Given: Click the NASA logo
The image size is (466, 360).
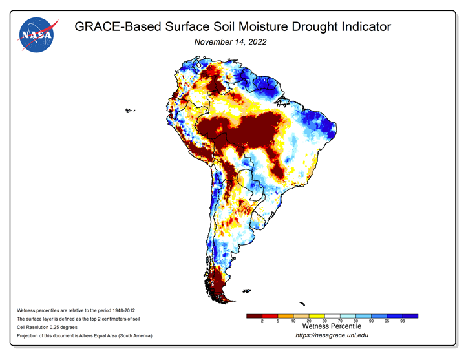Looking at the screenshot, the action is click(x=37, y=35).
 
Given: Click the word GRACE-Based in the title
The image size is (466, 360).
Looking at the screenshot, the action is click(x=118, y=26).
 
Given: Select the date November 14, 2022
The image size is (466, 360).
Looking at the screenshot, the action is click(x=230, y=42).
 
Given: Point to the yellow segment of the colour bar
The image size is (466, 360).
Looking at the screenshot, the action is click(x=317, y=316).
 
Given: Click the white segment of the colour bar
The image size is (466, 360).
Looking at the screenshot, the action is click(x=332, y=316).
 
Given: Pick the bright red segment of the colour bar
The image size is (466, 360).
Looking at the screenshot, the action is click(x=270, y=316).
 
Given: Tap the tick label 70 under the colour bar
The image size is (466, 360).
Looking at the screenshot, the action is click(x=340, y=321).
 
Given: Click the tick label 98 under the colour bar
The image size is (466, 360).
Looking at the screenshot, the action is click(x=403, y=321).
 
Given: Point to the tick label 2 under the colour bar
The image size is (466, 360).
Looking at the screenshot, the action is click(x=262, y=321).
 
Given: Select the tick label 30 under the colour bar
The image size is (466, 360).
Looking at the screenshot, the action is click(x=324, y=321).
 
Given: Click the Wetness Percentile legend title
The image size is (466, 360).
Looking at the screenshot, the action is click(x=332, y=326).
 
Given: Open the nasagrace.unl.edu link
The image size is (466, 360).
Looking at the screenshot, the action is click(x=332, y=335).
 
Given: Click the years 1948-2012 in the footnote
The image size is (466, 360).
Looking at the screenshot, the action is click(x=123, y=310).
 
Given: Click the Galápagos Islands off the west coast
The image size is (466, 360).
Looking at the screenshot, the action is click(x=129, y=111).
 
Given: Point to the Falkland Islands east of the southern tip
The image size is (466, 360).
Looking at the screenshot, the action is click(x=247, y=291).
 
